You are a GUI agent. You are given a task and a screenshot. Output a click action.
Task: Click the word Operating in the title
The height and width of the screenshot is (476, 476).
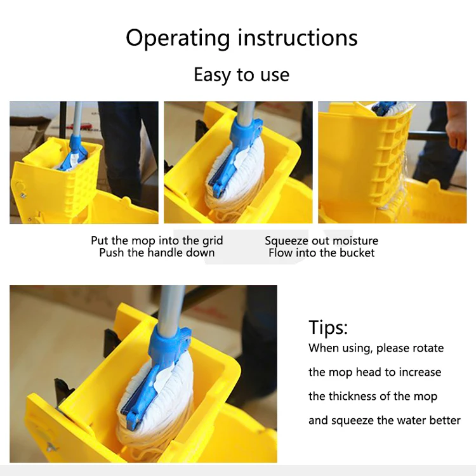tap(178, 39)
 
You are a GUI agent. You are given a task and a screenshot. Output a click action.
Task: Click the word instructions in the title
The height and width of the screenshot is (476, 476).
tap(298, 37)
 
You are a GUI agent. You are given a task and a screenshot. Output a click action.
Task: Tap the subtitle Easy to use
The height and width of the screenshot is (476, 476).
tap(242, 75)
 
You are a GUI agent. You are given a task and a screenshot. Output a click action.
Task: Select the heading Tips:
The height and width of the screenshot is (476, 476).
tap(328, 327)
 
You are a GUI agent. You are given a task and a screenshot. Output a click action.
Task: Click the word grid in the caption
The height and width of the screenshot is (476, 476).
tap(213, 241)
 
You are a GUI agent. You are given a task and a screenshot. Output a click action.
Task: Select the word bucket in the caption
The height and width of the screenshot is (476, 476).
tap(357, 253)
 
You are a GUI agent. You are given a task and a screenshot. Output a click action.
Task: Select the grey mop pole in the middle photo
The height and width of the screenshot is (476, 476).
tap(245, 112)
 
